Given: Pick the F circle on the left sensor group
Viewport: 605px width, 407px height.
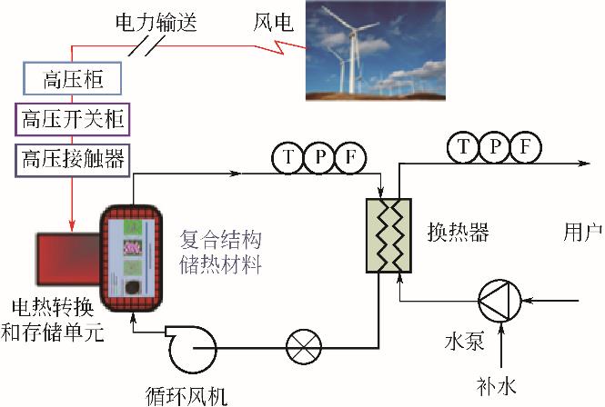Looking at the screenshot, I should coord(350,158).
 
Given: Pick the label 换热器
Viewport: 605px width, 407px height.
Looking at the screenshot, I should coord(458,233).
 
